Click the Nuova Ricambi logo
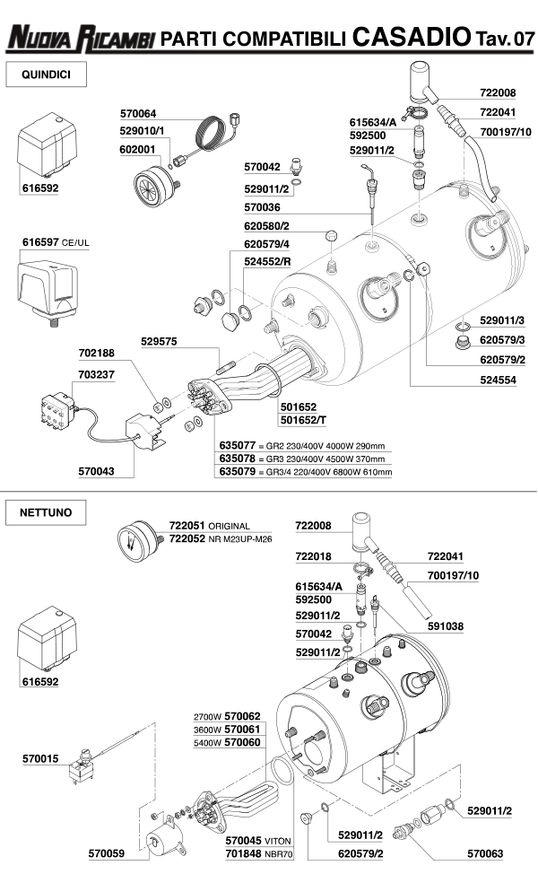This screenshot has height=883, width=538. click(x=81, y=38)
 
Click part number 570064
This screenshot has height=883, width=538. click(x=138, y=114)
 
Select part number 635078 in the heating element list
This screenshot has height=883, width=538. click(x=238, y=458)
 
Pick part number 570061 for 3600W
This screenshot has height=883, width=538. click(x=242, y=730)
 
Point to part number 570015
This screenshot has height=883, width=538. click(x=40, y=759)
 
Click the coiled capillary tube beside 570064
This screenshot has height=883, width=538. click(x=213, y=135)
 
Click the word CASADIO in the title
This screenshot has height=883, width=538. click(x=412, y=37)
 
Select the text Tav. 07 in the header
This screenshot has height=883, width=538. click(x=504, y=39)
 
